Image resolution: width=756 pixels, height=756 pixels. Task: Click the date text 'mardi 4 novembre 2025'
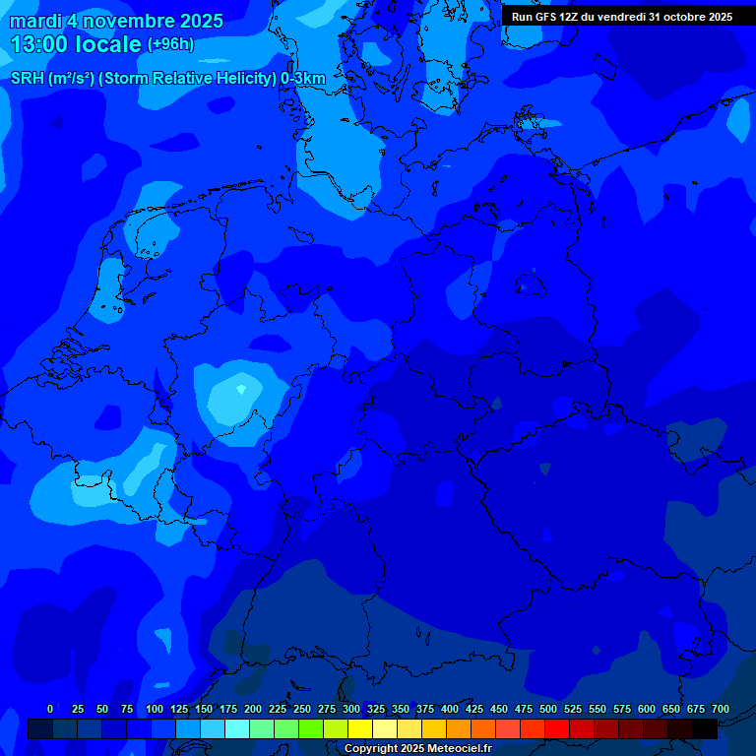point(116,21)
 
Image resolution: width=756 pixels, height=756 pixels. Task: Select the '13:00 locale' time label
point(75,44)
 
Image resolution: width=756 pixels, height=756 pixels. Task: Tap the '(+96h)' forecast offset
point(170,44)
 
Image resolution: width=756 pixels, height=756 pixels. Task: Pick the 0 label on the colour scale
point(50,709)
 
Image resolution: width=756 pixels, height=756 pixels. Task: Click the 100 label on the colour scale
point(155,709)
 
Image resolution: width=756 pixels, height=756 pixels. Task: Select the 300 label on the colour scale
point(351,709)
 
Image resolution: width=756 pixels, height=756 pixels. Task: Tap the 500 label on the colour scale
point(548,709)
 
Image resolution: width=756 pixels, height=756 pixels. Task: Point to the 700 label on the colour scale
point(721,709)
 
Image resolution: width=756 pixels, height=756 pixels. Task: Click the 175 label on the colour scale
point(228,709)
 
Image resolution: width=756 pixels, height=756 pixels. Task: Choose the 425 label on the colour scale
point(474,709)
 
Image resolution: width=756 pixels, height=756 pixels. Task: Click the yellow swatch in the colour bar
point(360,728)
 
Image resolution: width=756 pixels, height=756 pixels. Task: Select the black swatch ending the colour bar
point(705,728)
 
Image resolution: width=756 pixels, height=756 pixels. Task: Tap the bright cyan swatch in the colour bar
point(237,728)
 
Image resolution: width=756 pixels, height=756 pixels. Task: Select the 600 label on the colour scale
point(647,709)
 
